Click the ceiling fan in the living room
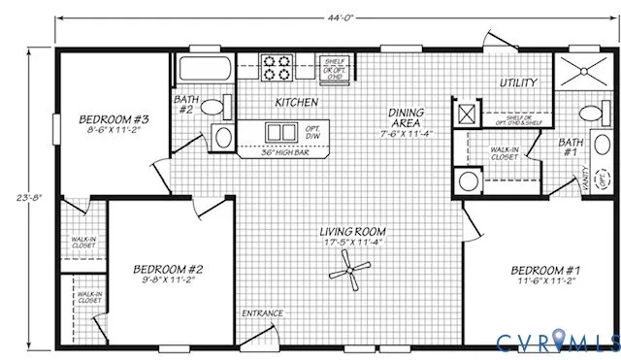tap(349, 271)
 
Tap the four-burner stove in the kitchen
tap(278, 68)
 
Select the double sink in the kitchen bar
tap(281, 131)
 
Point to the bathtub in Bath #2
tap(203, 70)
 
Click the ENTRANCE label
tap(262, 313)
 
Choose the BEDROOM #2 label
tap(168, 269)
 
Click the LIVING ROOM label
tap(355, 232)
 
